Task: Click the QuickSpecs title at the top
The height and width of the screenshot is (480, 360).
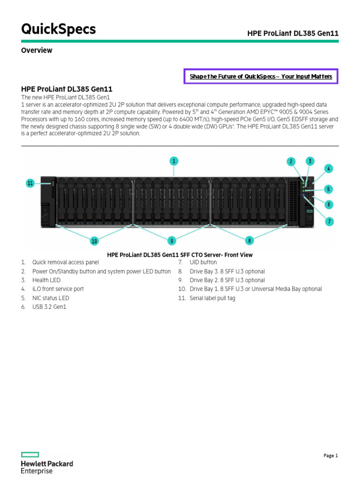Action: pos(59,30)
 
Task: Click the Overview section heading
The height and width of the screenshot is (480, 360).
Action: pos(37,50)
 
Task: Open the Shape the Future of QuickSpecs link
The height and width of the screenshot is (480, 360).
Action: pos(261,76)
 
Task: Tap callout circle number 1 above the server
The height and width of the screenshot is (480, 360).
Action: pos(174,161)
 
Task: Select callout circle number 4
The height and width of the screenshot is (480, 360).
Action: pos(329,168)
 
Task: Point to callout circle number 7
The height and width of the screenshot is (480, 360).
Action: pos(330,221)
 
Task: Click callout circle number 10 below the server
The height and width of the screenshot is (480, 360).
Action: pos(94,241)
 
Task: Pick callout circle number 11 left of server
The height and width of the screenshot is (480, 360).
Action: pos(30,183)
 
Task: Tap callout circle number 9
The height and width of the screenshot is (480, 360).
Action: pos(172,240)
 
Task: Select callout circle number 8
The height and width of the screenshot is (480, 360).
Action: pos(249,240)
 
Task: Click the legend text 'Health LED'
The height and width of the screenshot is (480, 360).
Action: pos(46,280)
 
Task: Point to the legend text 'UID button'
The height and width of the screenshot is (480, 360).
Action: pos(203,262)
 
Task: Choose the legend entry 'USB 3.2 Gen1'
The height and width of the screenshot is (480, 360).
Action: pos(49,307)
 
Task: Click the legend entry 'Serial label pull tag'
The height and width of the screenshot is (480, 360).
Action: pos(212,298)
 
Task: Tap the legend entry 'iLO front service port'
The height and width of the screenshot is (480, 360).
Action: pos(58,289)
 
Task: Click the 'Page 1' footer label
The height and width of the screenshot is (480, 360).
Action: pos(330,456)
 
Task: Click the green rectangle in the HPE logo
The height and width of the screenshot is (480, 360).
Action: pos(30,455)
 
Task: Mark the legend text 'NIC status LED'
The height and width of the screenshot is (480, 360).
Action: pos(51,298)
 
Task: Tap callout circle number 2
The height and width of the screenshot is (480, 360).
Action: pos(291,162)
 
